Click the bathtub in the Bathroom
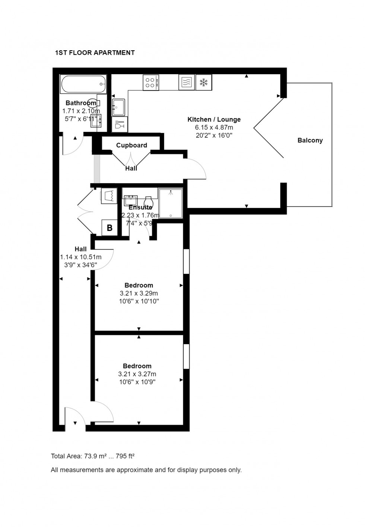(x=83, y=85)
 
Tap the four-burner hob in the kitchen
(x=151, y=82)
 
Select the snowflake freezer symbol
(x=203, y=82)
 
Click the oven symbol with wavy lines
(x=186, y=82)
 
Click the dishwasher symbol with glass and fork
(x=120, y=124)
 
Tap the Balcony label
(x=310, y=140)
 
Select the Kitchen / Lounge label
(x=214, y=120)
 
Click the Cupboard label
(x=131, y=145)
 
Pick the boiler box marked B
(x=110, y=228)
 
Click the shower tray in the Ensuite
(x=171, y=203)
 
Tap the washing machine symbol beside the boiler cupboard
(x=109, y=196)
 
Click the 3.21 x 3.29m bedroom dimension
(x=139, y=293)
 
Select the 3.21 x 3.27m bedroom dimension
(x=137, y=374)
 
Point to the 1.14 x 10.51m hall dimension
(x=80, y=257)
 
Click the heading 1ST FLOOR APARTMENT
(x=95, y=53)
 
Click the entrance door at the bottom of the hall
(x=75, y=417)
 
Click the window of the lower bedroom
(x=186, y=356)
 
